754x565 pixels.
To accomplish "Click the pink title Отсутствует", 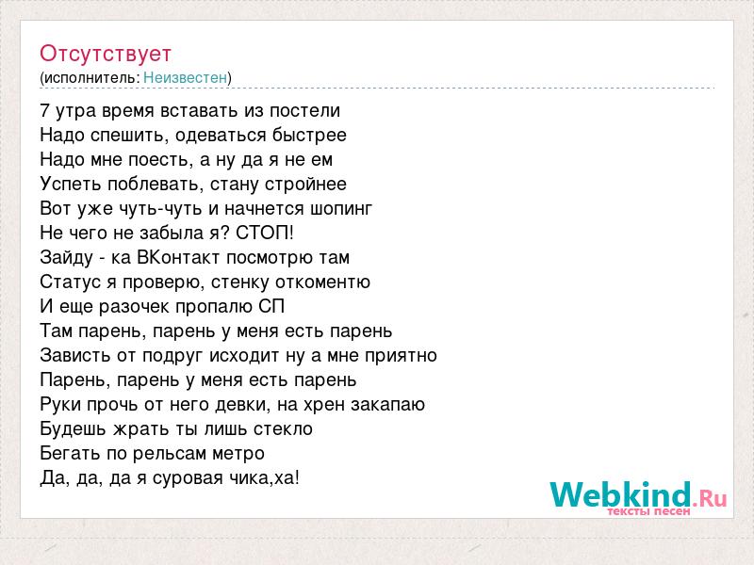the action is pos(106,54).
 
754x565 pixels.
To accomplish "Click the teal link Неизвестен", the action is pos(185,77).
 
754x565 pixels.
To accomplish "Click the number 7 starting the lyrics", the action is pos(44,111).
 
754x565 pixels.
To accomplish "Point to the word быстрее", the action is pos(309,136).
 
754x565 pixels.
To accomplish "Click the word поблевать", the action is pos(154,184).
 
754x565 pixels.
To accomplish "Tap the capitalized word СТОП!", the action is pos(265,233).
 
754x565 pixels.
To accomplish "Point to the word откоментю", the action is pos(322,282).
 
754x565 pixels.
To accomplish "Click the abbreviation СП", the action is pos(271,307).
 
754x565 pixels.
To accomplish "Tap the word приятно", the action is pos(401,356).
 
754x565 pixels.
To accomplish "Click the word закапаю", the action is pos(387,405).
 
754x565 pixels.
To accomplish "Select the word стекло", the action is pos(284,428).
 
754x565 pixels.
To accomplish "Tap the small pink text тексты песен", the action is pos(649,511).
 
